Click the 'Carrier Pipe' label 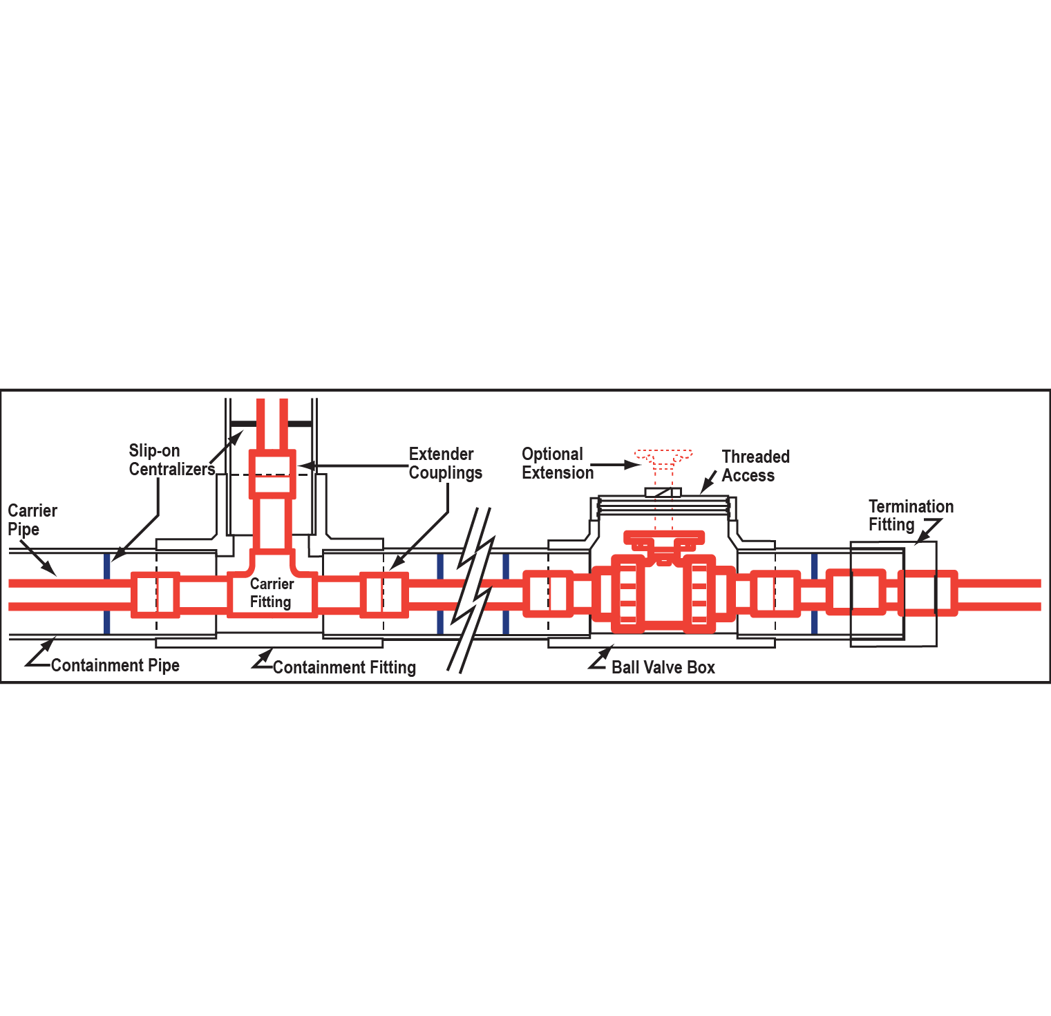pos(32,520)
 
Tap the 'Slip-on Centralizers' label pos(171,460)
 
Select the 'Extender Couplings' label pos(445,463)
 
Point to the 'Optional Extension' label pos(557,463)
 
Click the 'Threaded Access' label pos(755,466)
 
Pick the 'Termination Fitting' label pos(910,516)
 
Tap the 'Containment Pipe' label pos(115,665)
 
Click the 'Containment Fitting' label pos(344,667)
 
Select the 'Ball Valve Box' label pos(663,667)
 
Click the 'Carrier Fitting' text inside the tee pos(272,593)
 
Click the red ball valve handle pos(663,537)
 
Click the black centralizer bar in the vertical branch pos(271,423)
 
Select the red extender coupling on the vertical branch pos(272,474)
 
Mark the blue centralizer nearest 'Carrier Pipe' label pos(106,593)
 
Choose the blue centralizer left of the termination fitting pos(814,593)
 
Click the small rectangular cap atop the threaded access pos(663,492)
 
